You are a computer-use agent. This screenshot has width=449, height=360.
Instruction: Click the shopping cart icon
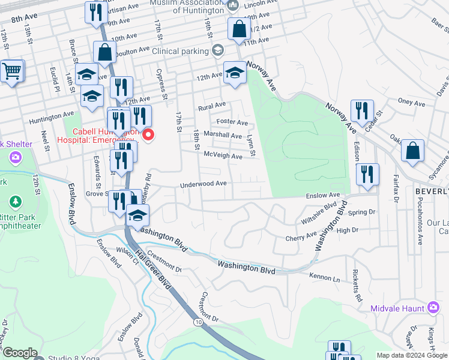tap(11, 71)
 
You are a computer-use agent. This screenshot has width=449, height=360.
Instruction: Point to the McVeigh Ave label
tap(223, 156)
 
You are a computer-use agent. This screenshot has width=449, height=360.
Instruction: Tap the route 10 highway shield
tap(198, 322)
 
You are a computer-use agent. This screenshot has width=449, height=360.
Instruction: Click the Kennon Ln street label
tap(324, 279)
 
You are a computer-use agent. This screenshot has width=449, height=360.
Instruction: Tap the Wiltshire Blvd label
tap(319, 214)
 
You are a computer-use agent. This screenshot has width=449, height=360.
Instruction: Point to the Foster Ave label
tap(232, 122)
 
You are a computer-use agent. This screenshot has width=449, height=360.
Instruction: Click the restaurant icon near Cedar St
tap(361, 110)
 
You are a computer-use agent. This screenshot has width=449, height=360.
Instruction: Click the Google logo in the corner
tap(19, 353)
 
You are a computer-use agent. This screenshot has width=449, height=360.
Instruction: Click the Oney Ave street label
tap(412, 103)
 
